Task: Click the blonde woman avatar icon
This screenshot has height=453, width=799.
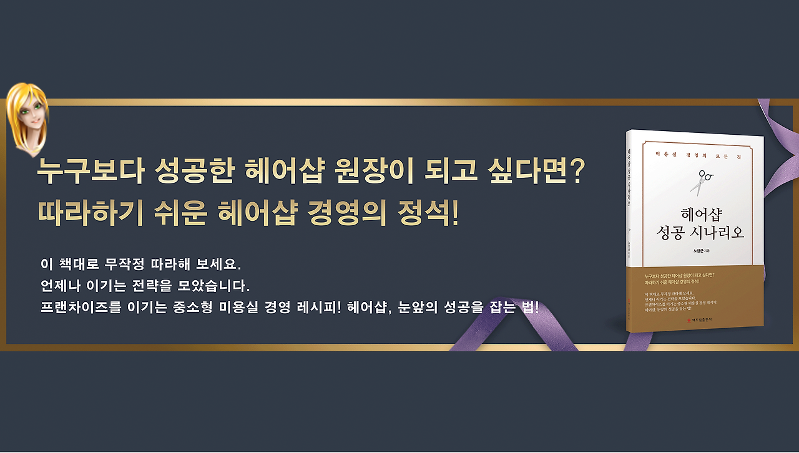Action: pyautogui.click(x=27, y=119)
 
